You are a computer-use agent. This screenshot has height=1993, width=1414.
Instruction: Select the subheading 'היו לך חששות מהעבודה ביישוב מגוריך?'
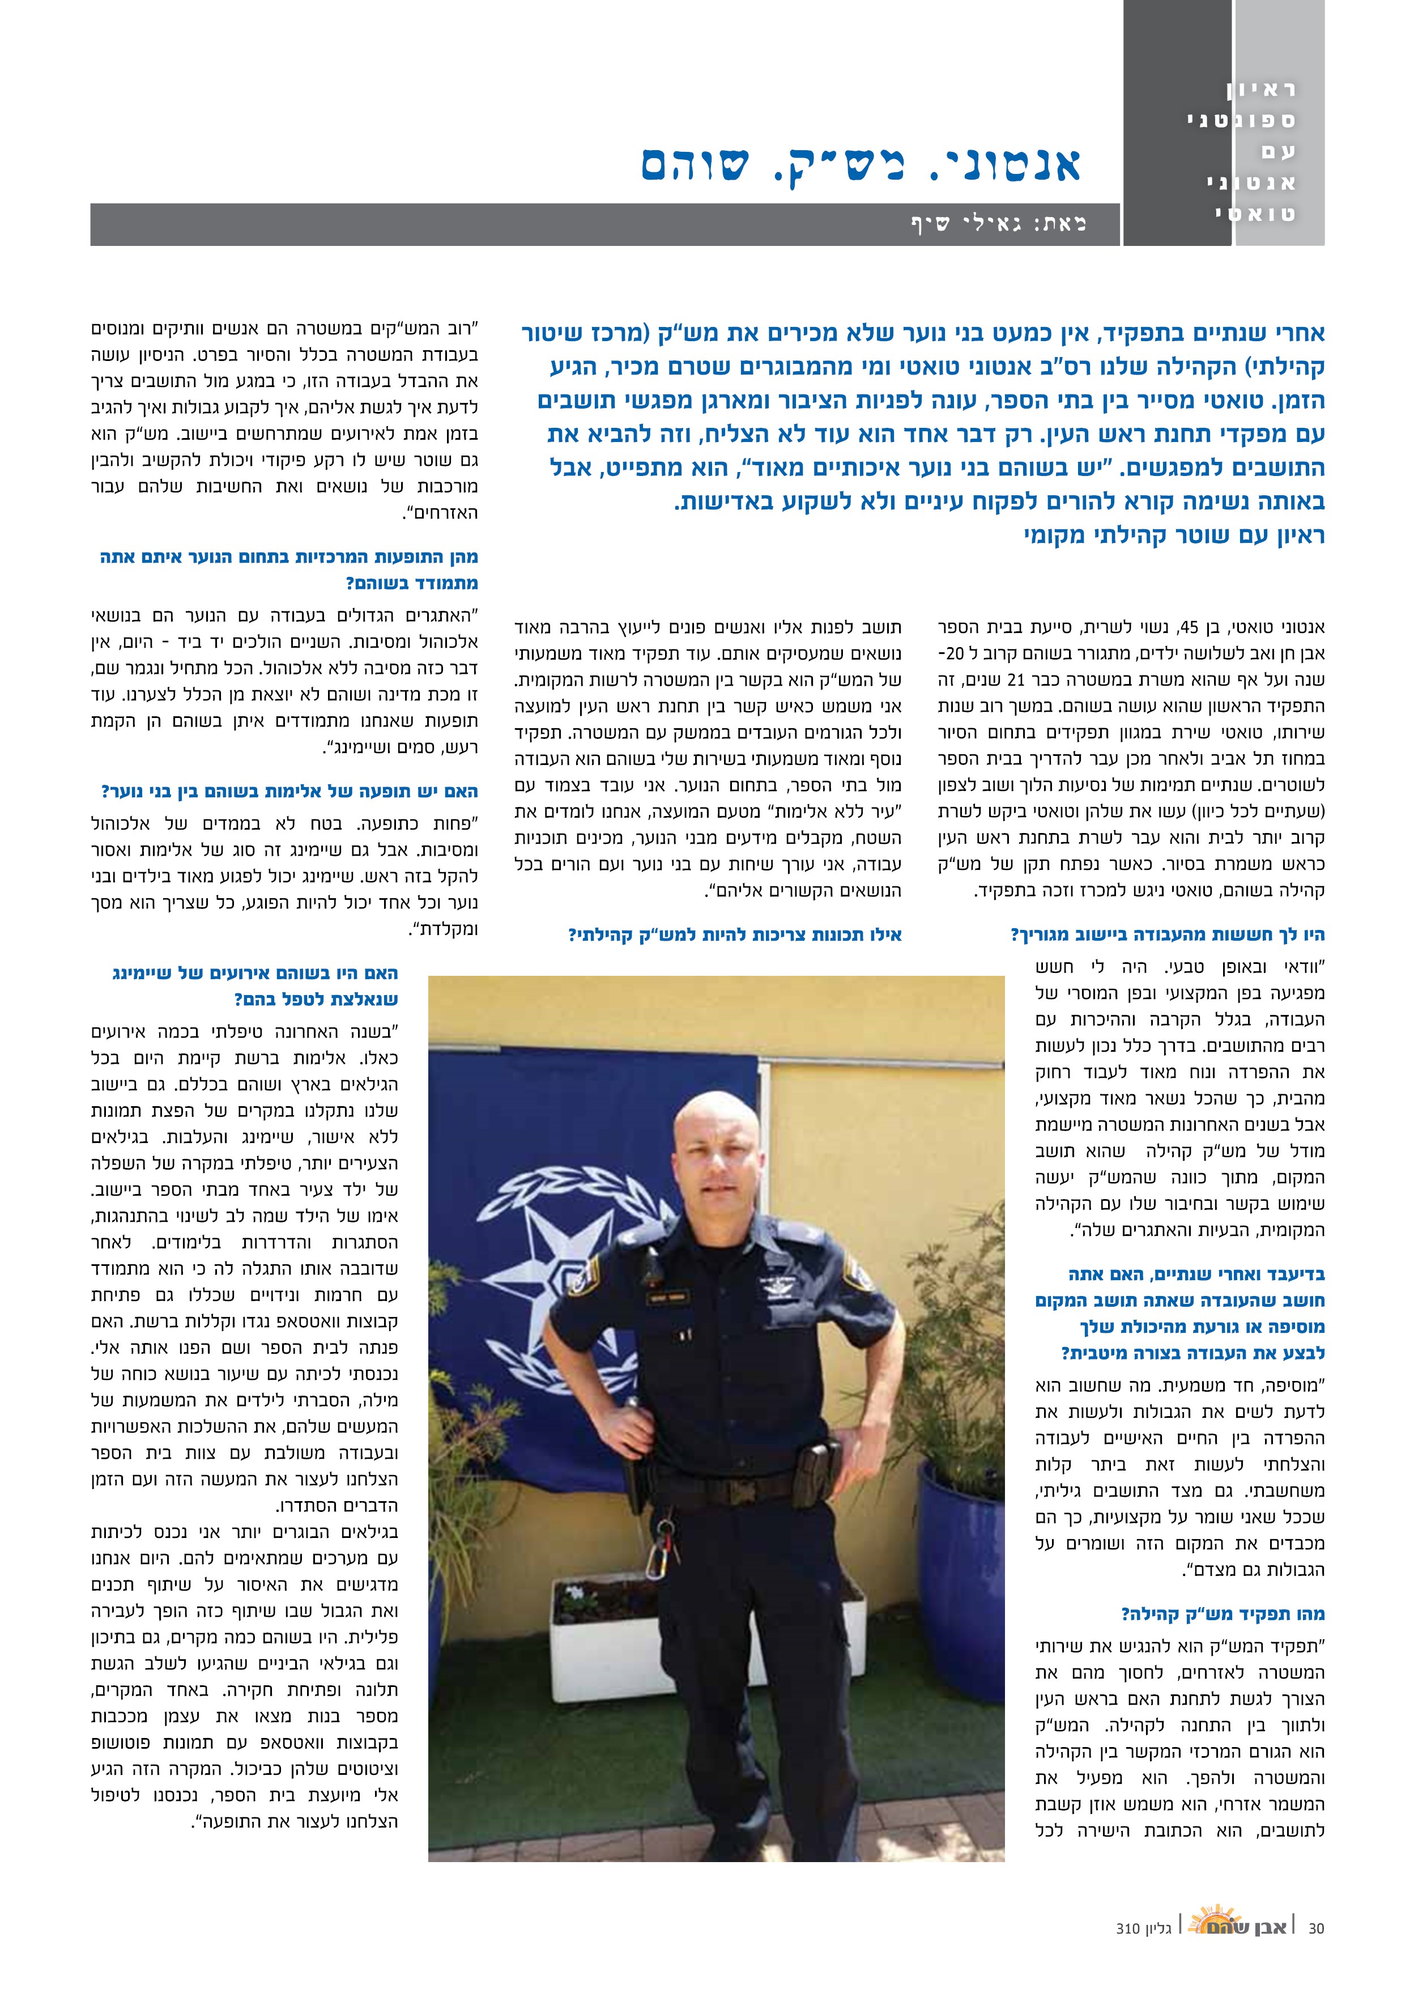coord(1167,935)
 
